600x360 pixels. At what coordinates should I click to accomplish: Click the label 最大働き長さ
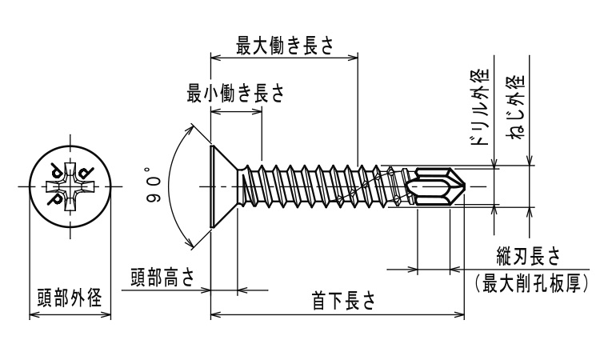pyautogui.click(x=285, y=46)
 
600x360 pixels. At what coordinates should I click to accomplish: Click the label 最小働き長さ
pyautogui.click(x=236, y=93)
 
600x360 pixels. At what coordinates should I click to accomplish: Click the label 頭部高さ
pyautogui.click(x=162, y=278)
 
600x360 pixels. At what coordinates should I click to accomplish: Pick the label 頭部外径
pyautogui.click(x=70, y=298)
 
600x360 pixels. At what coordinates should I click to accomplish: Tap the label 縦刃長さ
pyautogui.click(x=529, y=256)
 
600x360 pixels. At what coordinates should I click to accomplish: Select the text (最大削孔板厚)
pyautogui.click(x=531, y=283)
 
